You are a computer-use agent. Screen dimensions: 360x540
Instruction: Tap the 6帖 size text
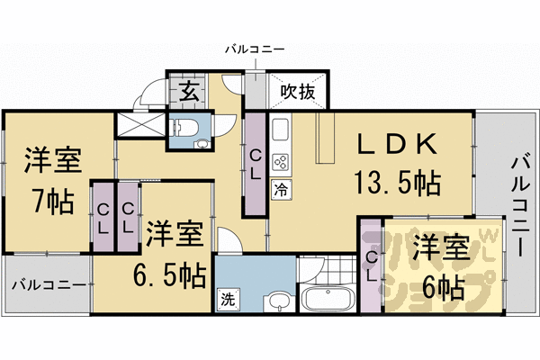tap(439, 288)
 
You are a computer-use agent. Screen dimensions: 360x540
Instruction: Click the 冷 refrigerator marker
tap(280, 189)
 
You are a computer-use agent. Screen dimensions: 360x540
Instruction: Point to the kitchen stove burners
tap(280, 162)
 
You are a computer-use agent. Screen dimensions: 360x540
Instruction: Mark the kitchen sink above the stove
tap(280, 129)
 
